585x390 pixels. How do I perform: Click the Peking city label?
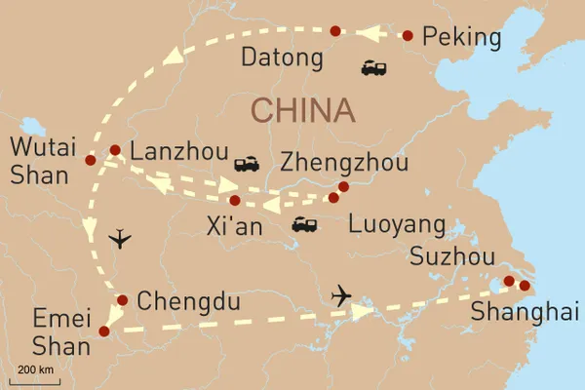click(x=464, y=38)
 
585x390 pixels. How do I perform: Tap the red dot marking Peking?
click(x=408, y=36)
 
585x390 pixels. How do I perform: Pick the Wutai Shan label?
click(x=40, y=162)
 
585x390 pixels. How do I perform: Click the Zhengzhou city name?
click(x=344, y=162)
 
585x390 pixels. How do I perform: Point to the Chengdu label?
click(x=188, y=302)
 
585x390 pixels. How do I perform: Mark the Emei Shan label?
click(x=54, y=331)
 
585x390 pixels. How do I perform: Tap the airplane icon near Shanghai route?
click(x=341, y=294)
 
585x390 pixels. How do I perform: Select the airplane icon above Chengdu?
click(x=119, y=238)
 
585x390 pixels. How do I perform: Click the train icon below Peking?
click(x=374, y=67)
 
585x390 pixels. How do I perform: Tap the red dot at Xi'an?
click(x=235, y=201)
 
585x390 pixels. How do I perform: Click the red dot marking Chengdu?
click(x=123, y=299)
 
